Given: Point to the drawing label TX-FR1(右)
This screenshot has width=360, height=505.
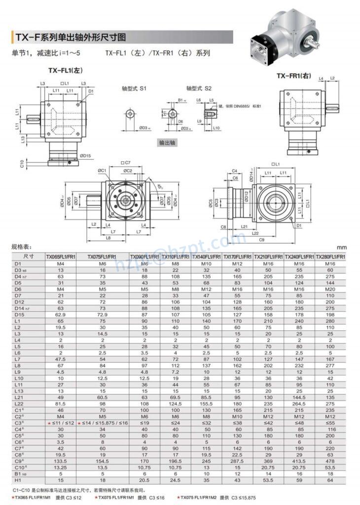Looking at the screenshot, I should [293, 75].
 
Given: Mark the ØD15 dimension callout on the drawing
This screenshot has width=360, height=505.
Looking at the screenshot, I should [85, 156].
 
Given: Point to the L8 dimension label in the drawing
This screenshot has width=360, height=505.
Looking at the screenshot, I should [108, 238].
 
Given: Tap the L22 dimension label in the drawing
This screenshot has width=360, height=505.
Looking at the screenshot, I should [255, 233].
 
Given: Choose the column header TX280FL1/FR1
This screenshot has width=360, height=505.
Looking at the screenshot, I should [330, 257].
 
